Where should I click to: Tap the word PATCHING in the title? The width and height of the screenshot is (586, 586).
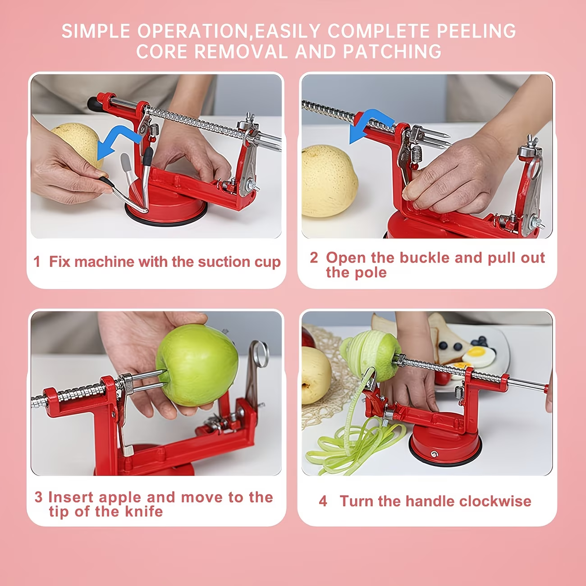coord(392,51)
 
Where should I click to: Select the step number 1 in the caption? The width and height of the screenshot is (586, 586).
coord(37,261)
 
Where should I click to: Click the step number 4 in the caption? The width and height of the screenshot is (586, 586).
coord(323,501)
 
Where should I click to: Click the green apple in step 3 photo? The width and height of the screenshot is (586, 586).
coord(197,365)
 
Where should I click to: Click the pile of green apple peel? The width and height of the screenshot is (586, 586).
coord(353,444)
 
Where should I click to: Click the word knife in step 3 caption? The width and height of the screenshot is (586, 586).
coord(144,512)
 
